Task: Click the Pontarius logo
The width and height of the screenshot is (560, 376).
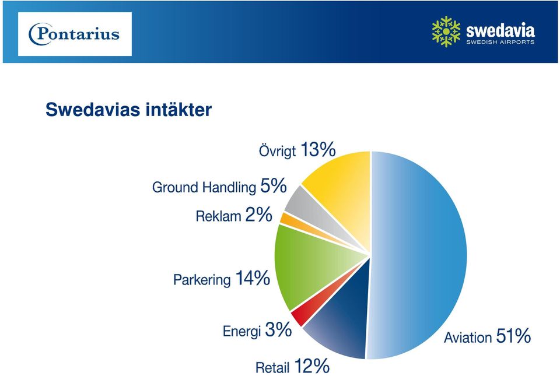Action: pos(74,34)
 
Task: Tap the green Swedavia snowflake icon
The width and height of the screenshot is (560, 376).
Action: pos(446,31)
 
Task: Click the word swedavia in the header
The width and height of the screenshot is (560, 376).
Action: pos(501,30)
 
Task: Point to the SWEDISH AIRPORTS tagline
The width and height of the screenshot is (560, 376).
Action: pos(501,42)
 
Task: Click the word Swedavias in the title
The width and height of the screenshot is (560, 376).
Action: pos(93,110)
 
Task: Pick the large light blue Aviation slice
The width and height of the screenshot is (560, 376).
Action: pos(418,255)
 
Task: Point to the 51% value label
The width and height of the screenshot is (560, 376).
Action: pos(513,336)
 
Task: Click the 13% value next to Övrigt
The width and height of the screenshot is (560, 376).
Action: pos(318,149)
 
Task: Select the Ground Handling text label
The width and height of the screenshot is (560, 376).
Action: pos(204,187)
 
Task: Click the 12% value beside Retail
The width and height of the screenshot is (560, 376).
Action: pos(311,366)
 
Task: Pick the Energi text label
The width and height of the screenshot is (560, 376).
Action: pos(242,332)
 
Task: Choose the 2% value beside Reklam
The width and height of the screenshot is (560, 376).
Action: pos(258,215)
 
